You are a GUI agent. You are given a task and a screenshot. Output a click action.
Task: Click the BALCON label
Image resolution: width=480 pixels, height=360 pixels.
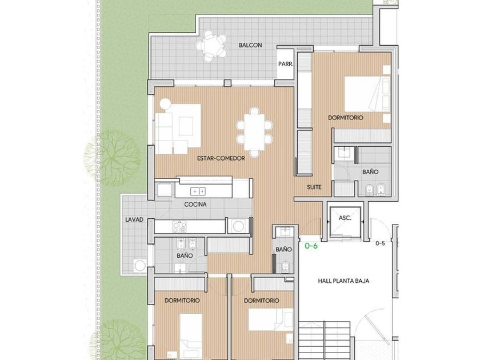(x=250, y=45)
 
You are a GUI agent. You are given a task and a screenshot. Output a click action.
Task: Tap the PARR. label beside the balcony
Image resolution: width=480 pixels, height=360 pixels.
(x=286, y=64)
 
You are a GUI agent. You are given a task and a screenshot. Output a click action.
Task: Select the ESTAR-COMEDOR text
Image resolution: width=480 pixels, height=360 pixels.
(x=221, y=158)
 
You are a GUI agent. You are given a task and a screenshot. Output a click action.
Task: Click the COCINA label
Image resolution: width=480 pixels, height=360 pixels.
(x=195, y=204)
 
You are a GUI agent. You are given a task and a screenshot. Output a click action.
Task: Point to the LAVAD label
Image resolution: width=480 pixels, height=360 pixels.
(x=134, y=219)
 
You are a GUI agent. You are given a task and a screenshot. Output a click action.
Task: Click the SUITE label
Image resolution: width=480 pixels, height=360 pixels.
(x=314, y=187)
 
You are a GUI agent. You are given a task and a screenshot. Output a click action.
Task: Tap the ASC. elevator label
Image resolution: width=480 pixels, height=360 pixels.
(x=345, y=218)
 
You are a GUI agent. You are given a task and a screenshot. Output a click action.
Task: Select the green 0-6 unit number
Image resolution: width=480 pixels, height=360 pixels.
(x=311, y=246)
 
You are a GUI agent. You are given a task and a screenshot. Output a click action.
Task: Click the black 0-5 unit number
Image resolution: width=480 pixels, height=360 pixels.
(x=380, y=243)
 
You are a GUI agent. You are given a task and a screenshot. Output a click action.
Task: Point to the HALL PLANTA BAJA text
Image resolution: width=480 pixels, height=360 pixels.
(x=343, y=281)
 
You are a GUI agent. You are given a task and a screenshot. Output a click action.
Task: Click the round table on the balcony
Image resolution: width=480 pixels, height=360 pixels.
(x=212, y=46)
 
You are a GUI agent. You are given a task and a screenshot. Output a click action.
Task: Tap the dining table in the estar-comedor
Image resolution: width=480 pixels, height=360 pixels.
(x=254, y=132)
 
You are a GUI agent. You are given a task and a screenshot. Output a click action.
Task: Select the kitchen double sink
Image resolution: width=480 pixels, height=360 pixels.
(x=198, y=191)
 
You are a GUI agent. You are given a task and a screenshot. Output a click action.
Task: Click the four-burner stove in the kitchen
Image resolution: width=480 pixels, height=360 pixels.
(x=179, y=227)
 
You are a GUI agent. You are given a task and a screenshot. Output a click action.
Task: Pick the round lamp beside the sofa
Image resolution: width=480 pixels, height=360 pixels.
(x=165, y=103)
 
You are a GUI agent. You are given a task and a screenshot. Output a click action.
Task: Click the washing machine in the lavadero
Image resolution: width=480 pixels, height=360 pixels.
(x=140, y=265)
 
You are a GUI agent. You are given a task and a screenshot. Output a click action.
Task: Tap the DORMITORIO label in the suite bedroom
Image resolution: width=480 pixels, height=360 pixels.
(x=346, y=118)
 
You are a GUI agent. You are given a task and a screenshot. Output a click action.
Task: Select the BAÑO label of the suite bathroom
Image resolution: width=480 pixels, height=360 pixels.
(x=370, y=172)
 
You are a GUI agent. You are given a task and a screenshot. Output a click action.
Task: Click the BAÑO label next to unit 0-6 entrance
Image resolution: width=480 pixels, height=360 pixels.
(x=283, y=250)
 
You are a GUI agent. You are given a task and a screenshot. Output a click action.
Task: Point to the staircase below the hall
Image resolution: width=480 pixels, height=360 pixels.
(x=324, y=341)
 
